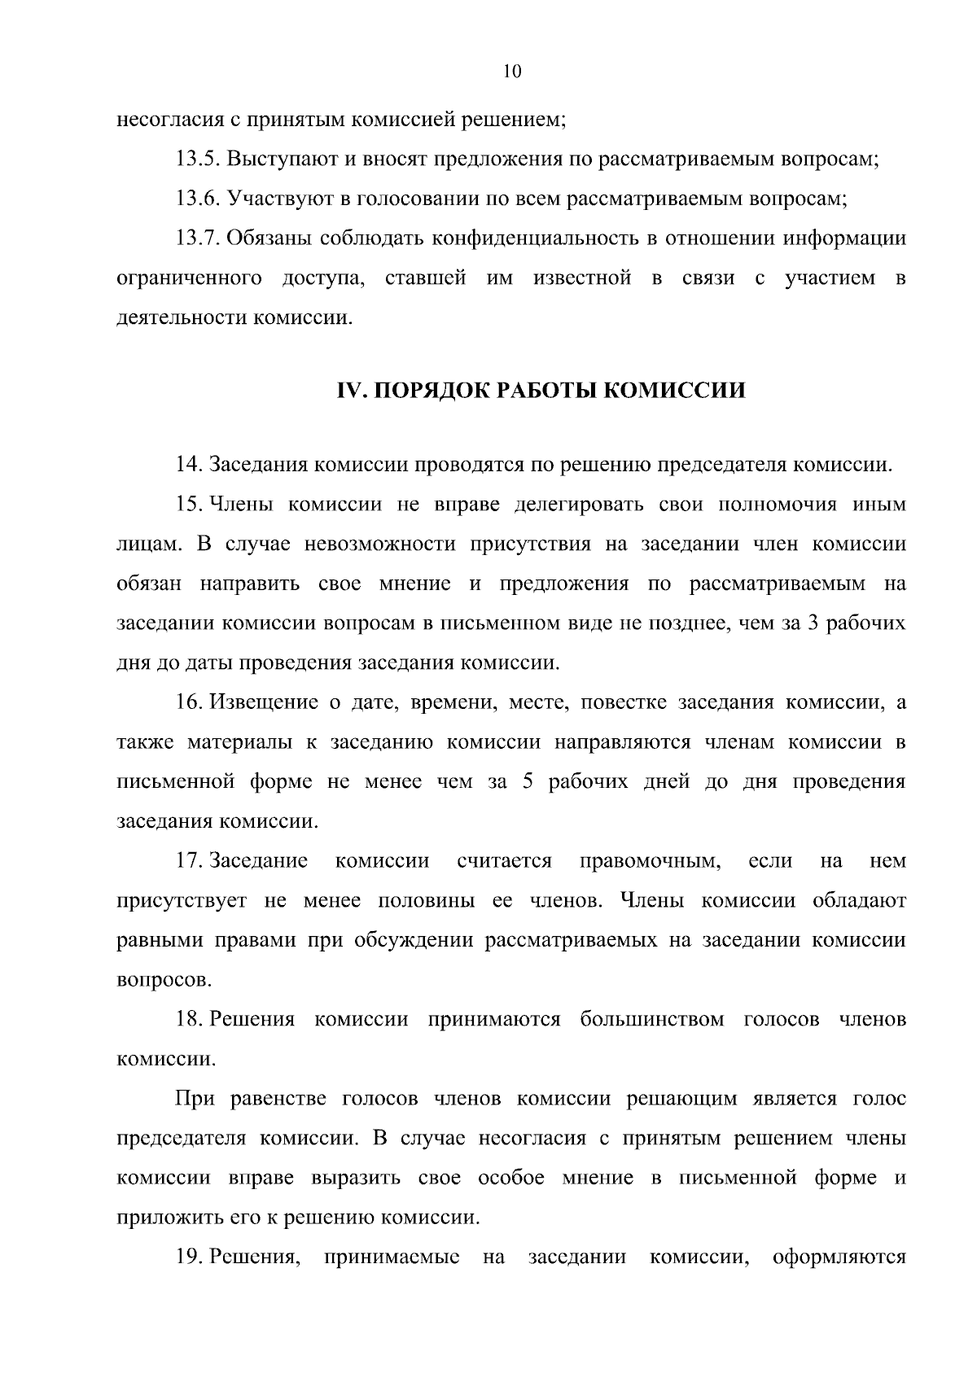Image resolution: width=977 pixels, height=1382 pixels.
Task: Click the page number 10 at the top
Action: [x=512, y=72]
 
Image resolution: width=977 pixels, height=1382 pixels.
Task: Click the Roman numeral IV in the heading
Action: [x=348, y=391]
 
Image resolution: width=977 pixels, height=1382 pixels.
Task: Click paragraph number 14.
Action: [x=189, y=466]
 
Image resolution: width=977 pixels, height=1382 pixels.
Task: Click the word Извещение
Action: [x=264, y=702]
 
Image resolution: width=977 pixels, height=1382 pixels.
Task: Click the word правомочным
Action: [x=650, y=861]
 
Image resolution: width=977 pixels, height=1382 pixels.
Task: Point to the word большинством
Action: [x=651, y=1020]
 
